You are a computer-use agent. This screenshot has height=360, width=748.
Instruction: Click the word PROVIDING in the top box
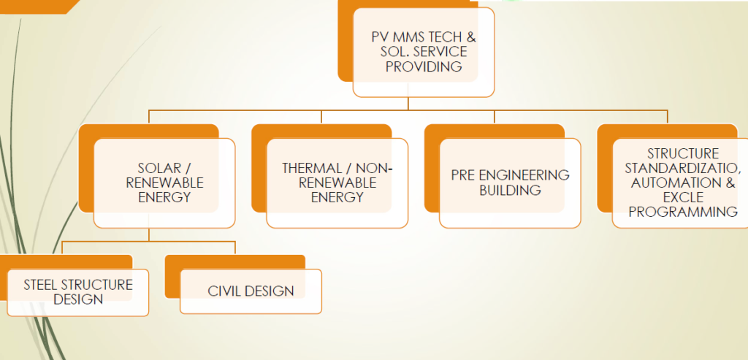(424, 66)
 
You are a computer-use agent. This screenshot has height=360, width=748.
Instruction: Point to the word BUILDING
(510, 191)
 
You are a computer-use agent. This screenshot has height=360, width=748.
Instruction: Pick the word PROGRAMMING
(683, 212)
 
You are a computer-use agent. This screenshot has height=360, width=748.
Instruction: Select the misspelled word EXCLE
(683, 197)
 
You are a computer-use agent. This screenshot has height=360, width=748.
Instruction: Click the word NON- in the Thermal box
(377, 168)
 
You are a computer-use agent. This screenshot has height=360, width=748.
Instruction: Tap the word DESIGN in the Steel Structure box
(78, 299)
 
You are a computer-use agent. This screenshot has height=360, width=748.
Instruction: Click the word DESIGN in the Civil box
(270, 291)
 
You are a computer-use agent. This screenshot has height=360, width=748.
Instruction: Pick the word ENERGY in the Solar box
(164, 197)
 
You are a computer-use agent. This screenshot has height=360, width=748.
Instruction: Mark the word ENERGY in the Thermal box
(337, 197)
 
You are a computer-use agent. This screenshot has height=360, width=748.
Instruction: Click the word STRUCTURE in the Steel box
(98, 285)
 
